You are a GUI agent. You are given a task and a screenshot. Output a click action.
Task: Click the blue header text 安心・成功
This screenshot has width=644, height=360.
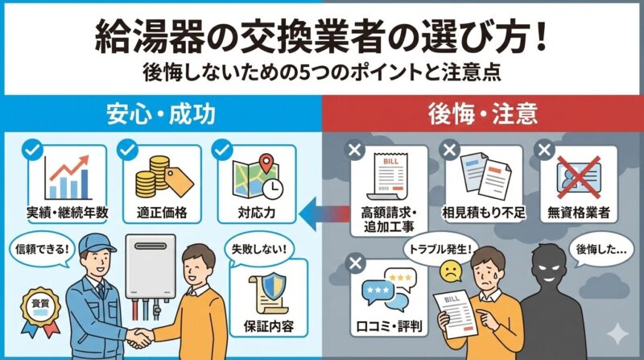[160, 114]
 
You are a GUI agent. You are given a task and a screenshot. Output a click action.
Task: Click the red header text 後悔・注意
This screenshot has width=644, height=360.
[483, 114]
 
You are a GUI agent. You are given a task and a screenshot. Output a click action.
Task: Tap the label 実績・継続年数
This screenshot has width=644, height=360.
[68, 213]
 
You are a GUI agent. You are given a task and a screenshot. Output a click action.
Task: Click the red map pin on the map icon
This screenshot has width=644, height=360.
[266, 163]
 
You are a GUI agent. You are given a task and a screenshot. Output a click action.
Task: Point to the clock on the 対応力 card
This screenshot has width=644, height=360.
[272, 188]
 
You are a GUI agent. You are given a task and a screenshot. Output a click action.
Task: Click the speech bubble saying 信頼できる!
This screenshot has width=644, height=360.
[43, 249]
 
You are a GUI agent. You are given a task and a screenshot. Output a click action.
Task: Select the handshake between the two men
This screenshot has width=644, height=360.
[140, 337]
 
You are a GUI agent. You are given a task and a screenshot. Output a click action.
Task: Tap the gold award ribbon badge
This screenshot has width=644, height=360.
[41, 311]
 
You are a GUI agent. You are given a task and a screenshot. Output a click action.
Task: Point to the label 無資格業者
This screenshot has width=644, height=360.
[578, 213]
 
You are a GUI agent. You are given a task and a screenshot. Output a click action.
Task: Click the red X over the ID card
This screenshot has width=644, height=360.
[579, 177]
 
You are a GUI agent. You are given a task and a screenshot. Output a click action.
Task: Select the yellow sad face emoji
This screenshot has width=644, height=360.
[451, 271]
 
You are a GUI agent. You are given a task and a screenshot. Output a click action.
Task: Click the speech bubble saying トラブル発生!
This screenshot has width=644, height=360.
[440, 250]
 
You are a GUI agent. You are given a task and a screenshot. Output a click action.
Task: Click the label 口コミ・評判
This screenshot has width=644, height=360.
[389, 327]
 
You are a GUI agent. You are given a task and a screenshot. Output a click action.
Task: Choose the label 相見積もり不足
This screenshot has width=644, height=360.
[484, 213]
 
